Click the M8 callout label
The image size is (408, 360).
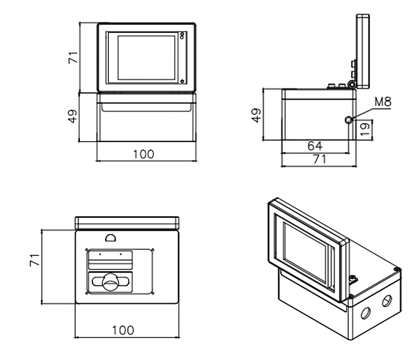(x=382, y=101)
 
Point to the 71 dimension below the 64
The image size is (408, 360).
(x=320, y=159)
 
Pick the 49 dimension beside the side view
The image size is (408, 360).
(x=256, y=115)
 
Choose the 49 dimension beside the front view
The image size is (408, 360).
(x=72, y=116)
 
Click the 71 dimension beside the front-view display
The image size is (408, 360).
(x=72, y=57)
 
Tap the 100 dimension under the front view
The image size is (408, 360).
(x=143, y=155)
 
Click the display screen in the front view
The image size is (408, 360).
(x=146, y=57)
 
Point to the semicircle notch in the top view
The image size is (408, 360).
(x=110, y=237)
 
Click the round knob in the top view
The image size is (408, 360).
(x=110, y=281)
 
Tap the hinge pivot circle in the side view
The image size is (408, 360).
(x=352, y=85)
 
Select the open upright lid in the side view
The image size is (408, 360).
(x=363, y=51)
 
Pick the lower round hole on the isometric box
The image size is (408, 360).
(x=366, y=312)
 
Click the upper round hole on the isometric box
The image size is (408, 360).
(x=386, y=301)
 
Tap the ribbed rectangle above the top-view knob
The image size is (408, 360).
(x=110, y=260)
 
